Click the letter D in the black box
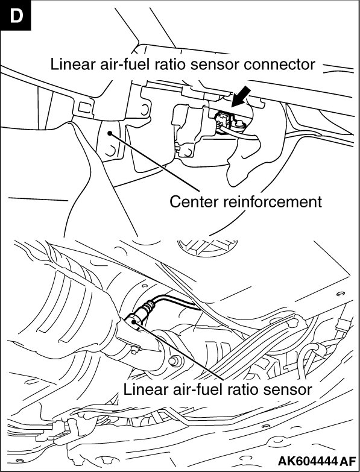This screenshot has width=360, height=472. pyautogui.click(x=16, y=15)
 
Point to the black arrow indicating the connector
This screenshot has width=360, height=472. pyautogui.click(x=241, y=96)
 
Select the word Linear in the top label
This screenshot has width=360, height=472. pyautogui.click(x=68, y=65)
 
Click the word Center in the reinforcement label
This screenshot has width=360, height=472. pyautogui.click(x=194, y=202)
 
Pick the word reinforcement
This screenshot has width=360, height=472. pyautogui.click(x=273, y=202)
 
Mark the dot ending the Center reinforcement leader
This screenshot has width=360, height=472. pyautogui.click(x=110, y=133)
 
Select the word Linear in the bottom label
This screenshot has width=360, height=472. pyautogui.click(x=141, y=389)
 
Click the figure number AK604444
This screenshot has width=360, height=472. pyautogui.click(x=308, y=461)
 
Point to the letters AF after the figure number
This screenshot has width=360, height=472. pyautogui.click(x=348, y=461)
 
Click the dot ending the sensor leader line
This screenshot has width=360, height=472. pyautogui.click(x=133, y=322)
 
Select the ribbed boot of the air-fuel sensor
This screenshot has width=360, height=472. pyautogui.click(x=148, y=308)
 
